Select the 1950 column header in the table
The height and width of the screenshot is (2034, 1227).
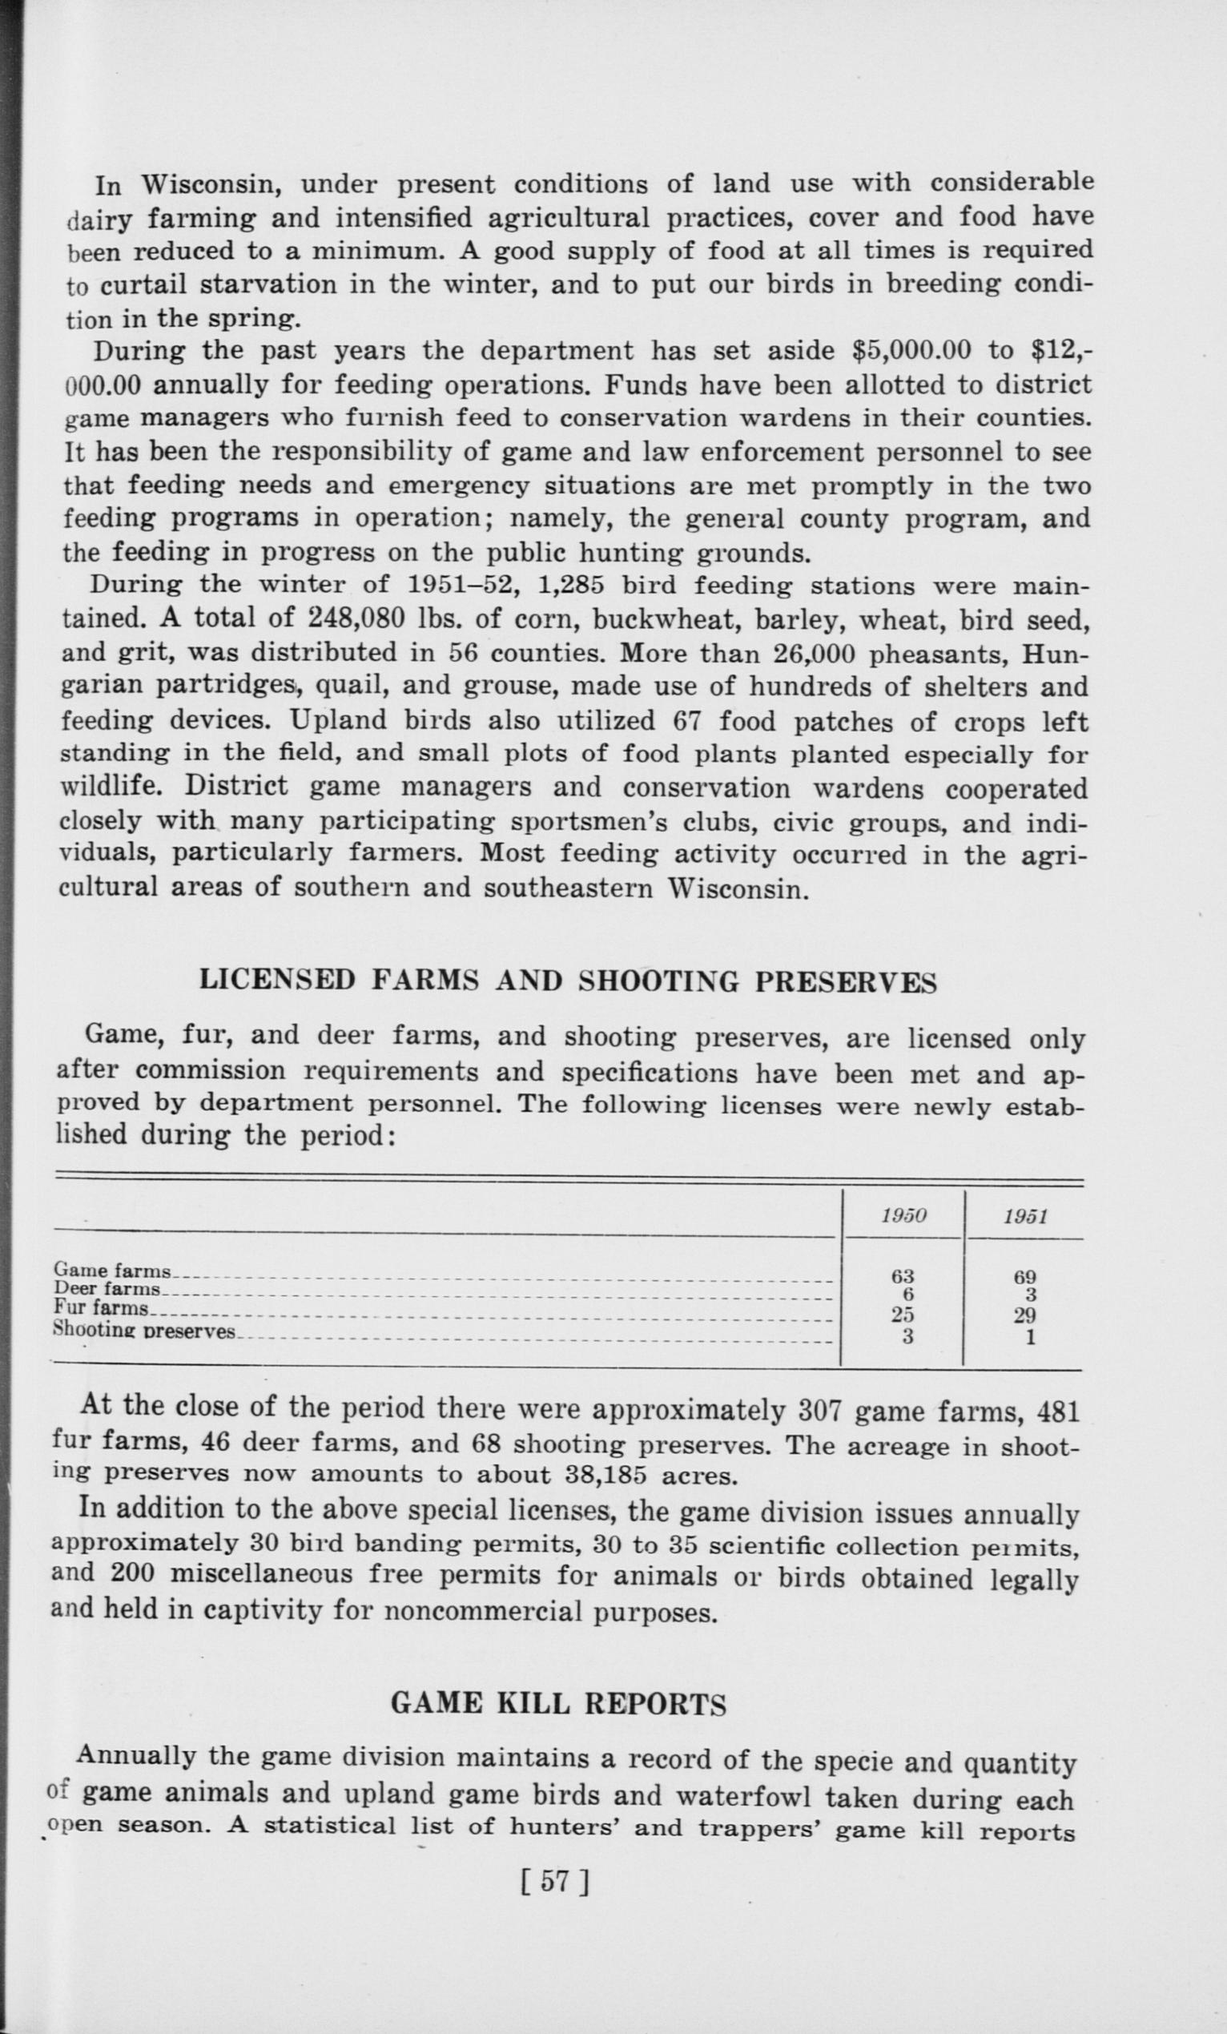pos(903,1215)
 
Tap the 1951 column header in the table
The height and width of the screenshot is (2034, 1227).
pos(1026,1216)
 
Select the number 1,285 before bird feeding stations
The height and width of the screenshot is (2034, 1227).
pos(571,585)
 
